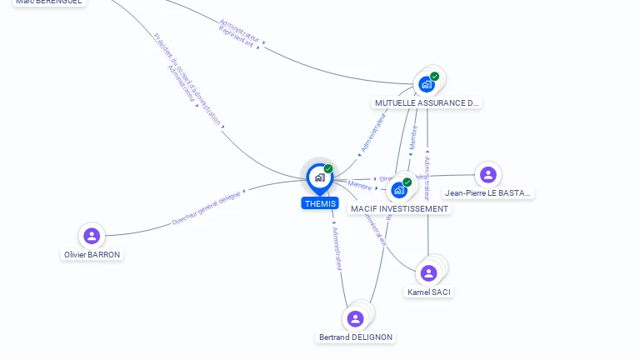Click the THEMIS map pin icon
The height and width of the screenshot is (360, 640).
(x=319, y=177)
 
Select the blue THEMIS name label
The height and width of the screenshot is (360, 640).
(x=321, y=203)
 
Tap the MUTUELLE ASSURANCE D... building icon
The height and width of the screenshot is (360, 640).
(x=426, y=84)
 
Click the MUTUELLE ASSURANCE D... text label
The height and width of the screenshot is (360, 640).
(x=427, y=103)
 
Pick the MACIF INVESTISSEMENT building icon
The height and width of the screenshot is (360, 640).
(x=399, y=190)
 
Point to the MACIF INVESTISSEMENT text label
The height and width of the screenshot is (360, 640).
(x=399, y=208)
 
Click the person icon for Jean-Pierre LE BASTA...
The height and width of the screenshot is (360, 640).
(x=487, y=175)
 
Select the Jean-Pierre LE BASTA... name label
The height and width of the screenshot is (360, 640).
(x=488, y=192)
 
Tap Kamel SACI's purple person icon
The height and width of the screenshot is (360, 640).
(x=428, y=273)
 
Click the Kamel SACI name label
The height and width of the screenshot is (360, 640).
(x=430, y=292)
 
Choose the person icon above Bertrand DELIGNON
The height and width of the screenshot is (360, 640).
(x=355, y=318)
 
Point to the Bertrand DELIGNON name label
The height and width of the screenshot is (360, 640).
(x=356, y=337)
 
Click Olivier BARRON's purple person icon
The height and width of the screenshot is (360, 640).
(x=92, y=236)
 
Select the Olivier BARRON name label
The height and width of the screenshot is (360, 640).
(x=92, y=254)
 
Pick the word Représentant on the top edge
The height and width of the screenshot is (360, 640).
(x=236, y=37)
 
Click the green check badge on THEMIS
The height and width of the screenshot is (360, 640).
(x=328, y=168)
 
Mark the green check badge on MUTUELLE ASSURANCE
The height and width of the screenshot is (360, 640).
(x=434, y=77)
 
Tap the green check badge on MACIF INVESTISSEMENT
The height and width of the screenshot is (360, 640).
(x=407, y=182)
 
